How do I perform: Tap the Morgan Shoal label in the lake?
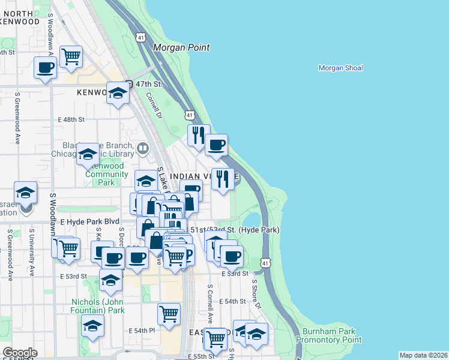tap(340, 68)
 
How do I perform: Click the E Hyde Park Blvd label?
tap(90, 221)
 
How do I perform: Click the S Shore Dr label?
tap(257, 294)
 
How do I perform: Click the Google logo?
tap(20, 353)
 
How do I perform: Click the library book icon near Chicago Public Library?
tap(143, 148)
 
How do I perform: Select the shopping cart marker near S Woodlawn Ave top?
tap(71, 57)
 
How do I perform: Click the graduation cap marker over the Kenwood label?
tap(118, 93)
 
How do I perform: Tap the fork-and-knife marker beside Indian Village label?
tap(223, 179)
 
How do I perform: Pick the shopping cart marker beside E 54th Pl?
tap(169, 313)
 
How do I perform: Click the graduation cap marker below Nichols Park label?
tap(93, 326)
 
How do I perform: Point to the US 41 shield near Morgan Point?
tap(140, 37)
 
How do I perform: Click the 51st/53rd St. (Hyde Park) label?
tap(235, 230)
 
